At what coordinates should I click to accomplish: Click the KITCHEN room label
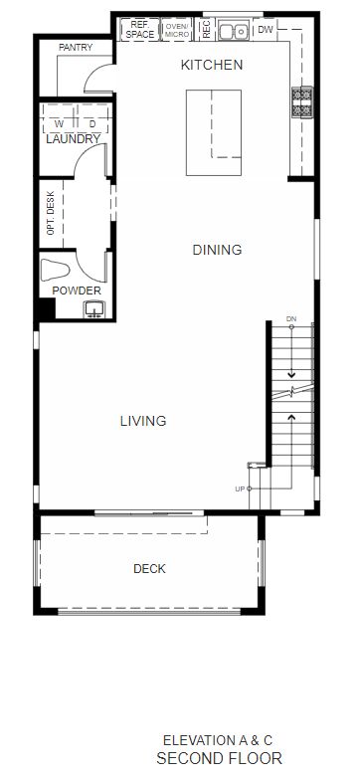[x=212, y=65]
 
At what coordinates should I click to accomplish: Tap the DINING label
[x=217, y=250]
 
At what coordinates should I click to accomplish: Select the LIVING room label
[x=143, y=421]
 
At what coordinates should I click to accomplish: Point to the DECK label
[x=149, y=569]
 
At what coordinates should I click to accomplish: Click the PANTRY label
[x=76, y=48]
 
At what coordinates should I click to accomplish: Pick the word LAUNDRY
[x=74, y=139]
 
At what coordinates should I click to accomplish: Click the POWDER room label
[x=77, y=292]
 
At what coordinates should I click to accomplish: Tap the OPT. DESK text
[x=50, y=213]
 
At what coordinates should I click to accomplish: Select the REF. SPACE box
[x=140, y=29]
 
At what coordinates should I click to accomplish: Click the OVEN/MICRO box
[x=177, y=30]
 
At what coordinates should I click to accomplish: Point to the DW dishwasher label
[x=266, y=30]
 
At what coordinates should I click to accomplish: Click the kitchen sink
[x=233, y=31]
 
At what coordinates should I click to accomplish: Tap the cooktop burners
[x=302, y=101]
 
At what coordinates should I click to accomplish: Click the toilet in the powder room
[x=55, y=271]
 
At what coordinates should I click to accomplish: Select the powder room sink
[x=93, y=309]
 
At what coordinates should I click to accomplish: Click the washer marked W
[x=59, y=123]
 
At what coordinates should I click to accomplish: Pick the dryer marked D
[x=92, y=123]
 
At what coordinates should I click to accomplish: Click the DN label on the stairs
[x=291, y=319]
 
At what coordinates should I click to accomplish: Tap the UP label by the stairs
[x=240, y=489]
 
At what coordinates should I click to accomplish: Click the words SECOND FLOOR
[x=219, y=759]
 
